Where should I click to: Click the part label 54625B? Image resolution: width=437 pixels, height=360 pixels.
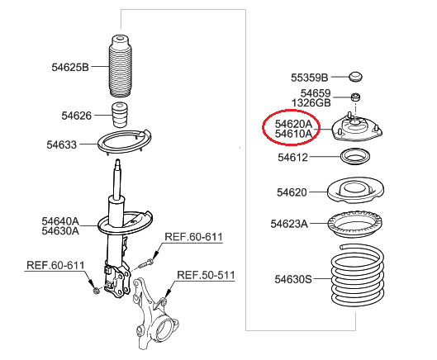pos(70,67)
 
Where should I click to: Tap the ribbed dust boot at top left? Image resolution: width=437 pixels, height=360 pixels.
pos(121,66)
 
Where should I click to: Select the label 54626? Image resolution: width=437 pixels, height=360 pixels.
pos(77,116)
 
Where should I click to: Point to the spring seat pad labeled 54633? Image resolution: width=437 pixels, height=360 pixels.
pos(125,141)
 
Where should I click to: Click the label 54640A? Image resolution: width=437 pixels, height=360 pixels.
pos(60,221)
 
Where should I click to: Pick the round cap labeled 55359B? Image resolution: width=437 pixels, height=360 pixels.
pos(356,77)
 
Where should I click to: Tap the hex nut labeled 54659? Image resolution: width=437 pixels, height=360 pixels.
pos(355,97)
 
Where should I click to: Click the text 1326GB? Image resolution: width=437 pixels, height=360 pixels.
pos(311,103)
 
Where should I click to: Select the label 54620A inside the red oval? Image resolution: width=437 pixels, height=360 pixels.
pos(293,124)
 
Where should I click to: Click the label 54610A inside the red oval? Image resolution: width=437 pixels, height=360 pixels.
pos(293,134)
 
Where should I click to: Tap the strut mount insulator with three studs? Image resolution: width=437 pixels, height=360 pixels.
pos(358,128)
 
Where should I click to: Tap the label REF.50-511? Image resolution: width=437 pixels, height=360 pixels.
pos(206,275)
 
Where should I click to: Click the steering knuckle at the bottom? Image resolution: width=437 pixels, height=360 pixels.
pos(154,314)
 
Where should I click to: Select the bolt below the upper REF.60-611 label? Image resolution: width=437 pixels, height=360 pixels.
pos(146,263)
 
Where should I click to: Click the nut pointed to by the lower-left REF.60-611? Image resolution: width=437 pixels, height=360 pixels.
pos(97,291)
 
